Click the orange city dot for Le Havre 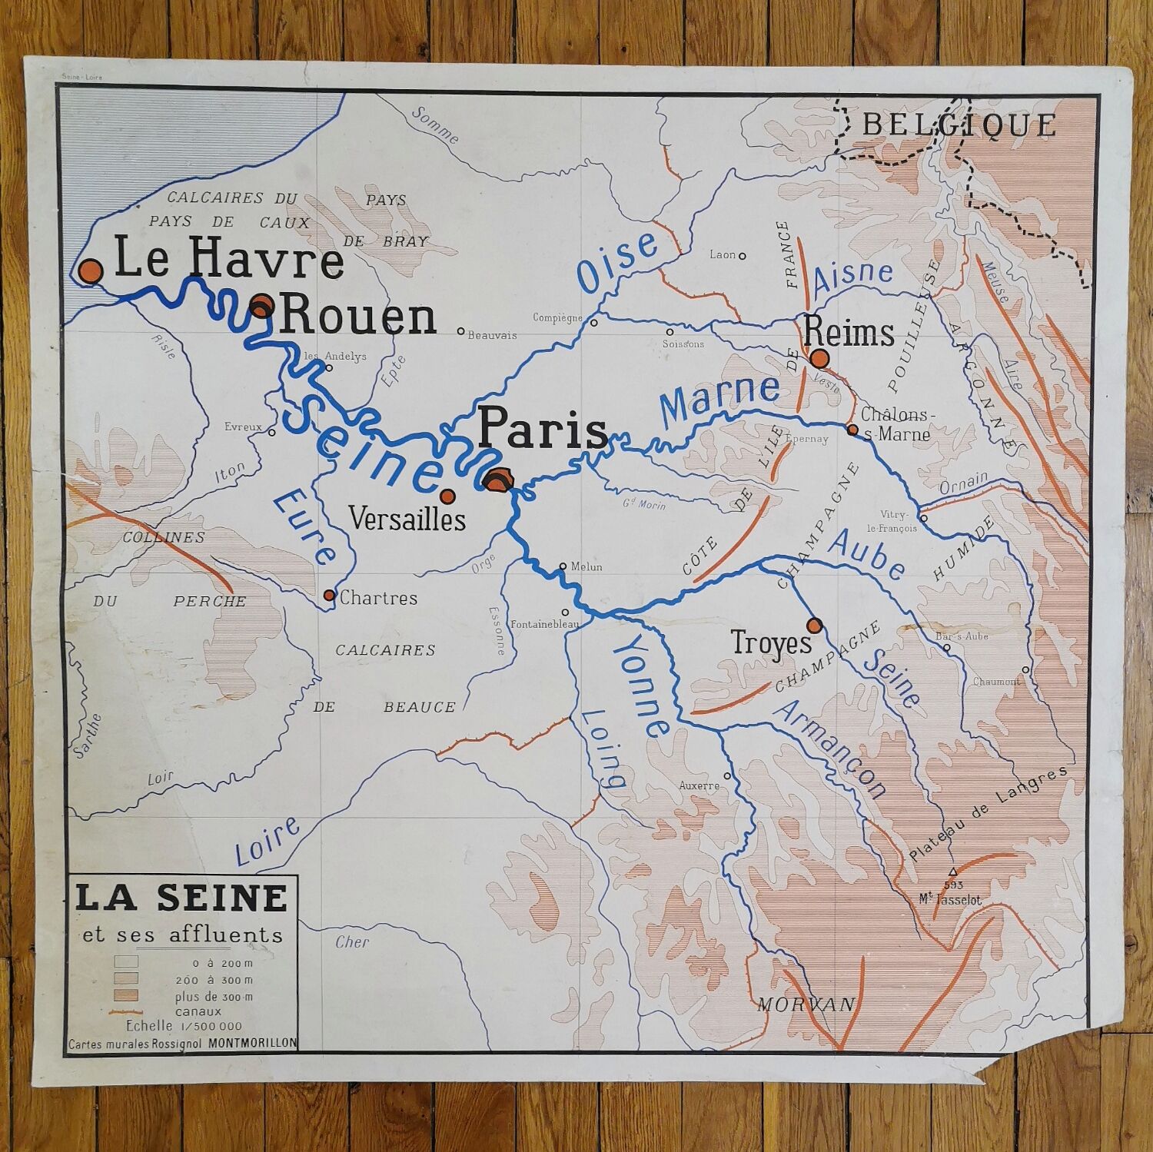(x=91, y=271)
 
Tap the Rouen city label (x=359, y=317)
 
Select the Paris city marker (x=498, y=480)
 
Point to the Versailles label (x=407, y=519)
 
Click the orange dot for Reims (x=819, y=358)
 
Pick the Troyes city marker (x=815, y=625)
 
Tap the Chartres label (x=378, y=598)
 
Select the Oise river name (x=617, y=262)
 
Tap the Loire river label (x=267, y=842)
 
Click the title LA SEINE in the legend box (x=181, y=898)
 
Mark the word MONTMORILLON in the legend (x=251, y=1043)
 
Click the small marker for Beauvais (x=460, y=332)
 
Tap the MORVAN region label (x=806, y=1004)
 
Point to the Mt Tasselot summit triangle (x=953, y=871)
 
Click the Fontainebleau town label (x=544, y=624)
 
